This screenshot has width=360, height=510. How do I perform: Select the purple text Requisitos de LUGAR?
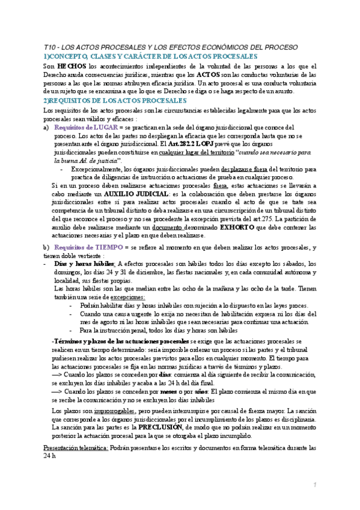pos(85,127)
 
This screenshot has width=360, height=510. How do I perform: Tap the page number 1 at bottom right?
pos(314,485)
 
